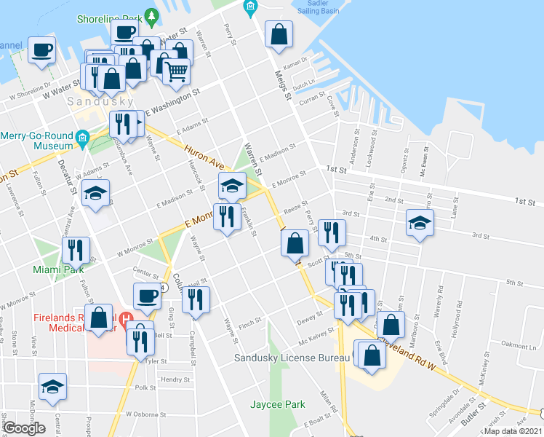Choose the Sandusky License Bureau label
[291, 358]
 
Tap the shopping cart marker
[176, 71]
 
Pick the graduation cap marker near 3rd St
[420, 223]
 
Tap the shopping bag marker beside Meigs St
[278, 34]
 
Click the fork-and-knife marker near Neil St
[196, 299]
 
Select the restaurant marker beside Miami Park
[76, 250]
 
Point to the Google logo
[25, 428]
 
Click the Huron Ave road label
[201, 155]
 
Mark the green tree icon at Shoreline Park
[151, 15]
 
